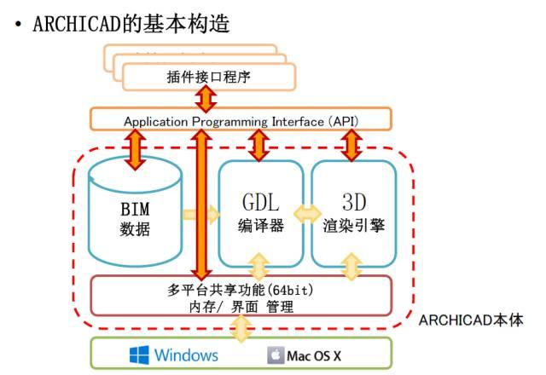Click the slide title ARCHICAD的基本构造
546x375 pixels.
pyautogui.click(x=131, y=23)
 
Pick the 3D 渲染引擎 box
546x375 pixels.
pyautogui.click(x=353, y=213)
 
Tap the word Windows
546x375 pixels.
pyautogui.click(x=186, y=354)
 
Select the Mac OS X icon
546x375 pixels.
pyautogui.click(x=275, y=354)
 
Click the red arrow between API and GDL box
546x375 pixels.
pyautogui.click(x=258, y=145)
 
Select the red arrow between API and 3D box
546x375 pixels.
pyautogui.click(x=351, y=145)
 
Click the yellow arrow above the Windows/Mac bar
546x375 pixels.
pyautogui.click(x=242, y=327)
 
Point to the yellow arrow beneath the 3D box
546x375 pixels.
pyautogui.click(x=351, y=267)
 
